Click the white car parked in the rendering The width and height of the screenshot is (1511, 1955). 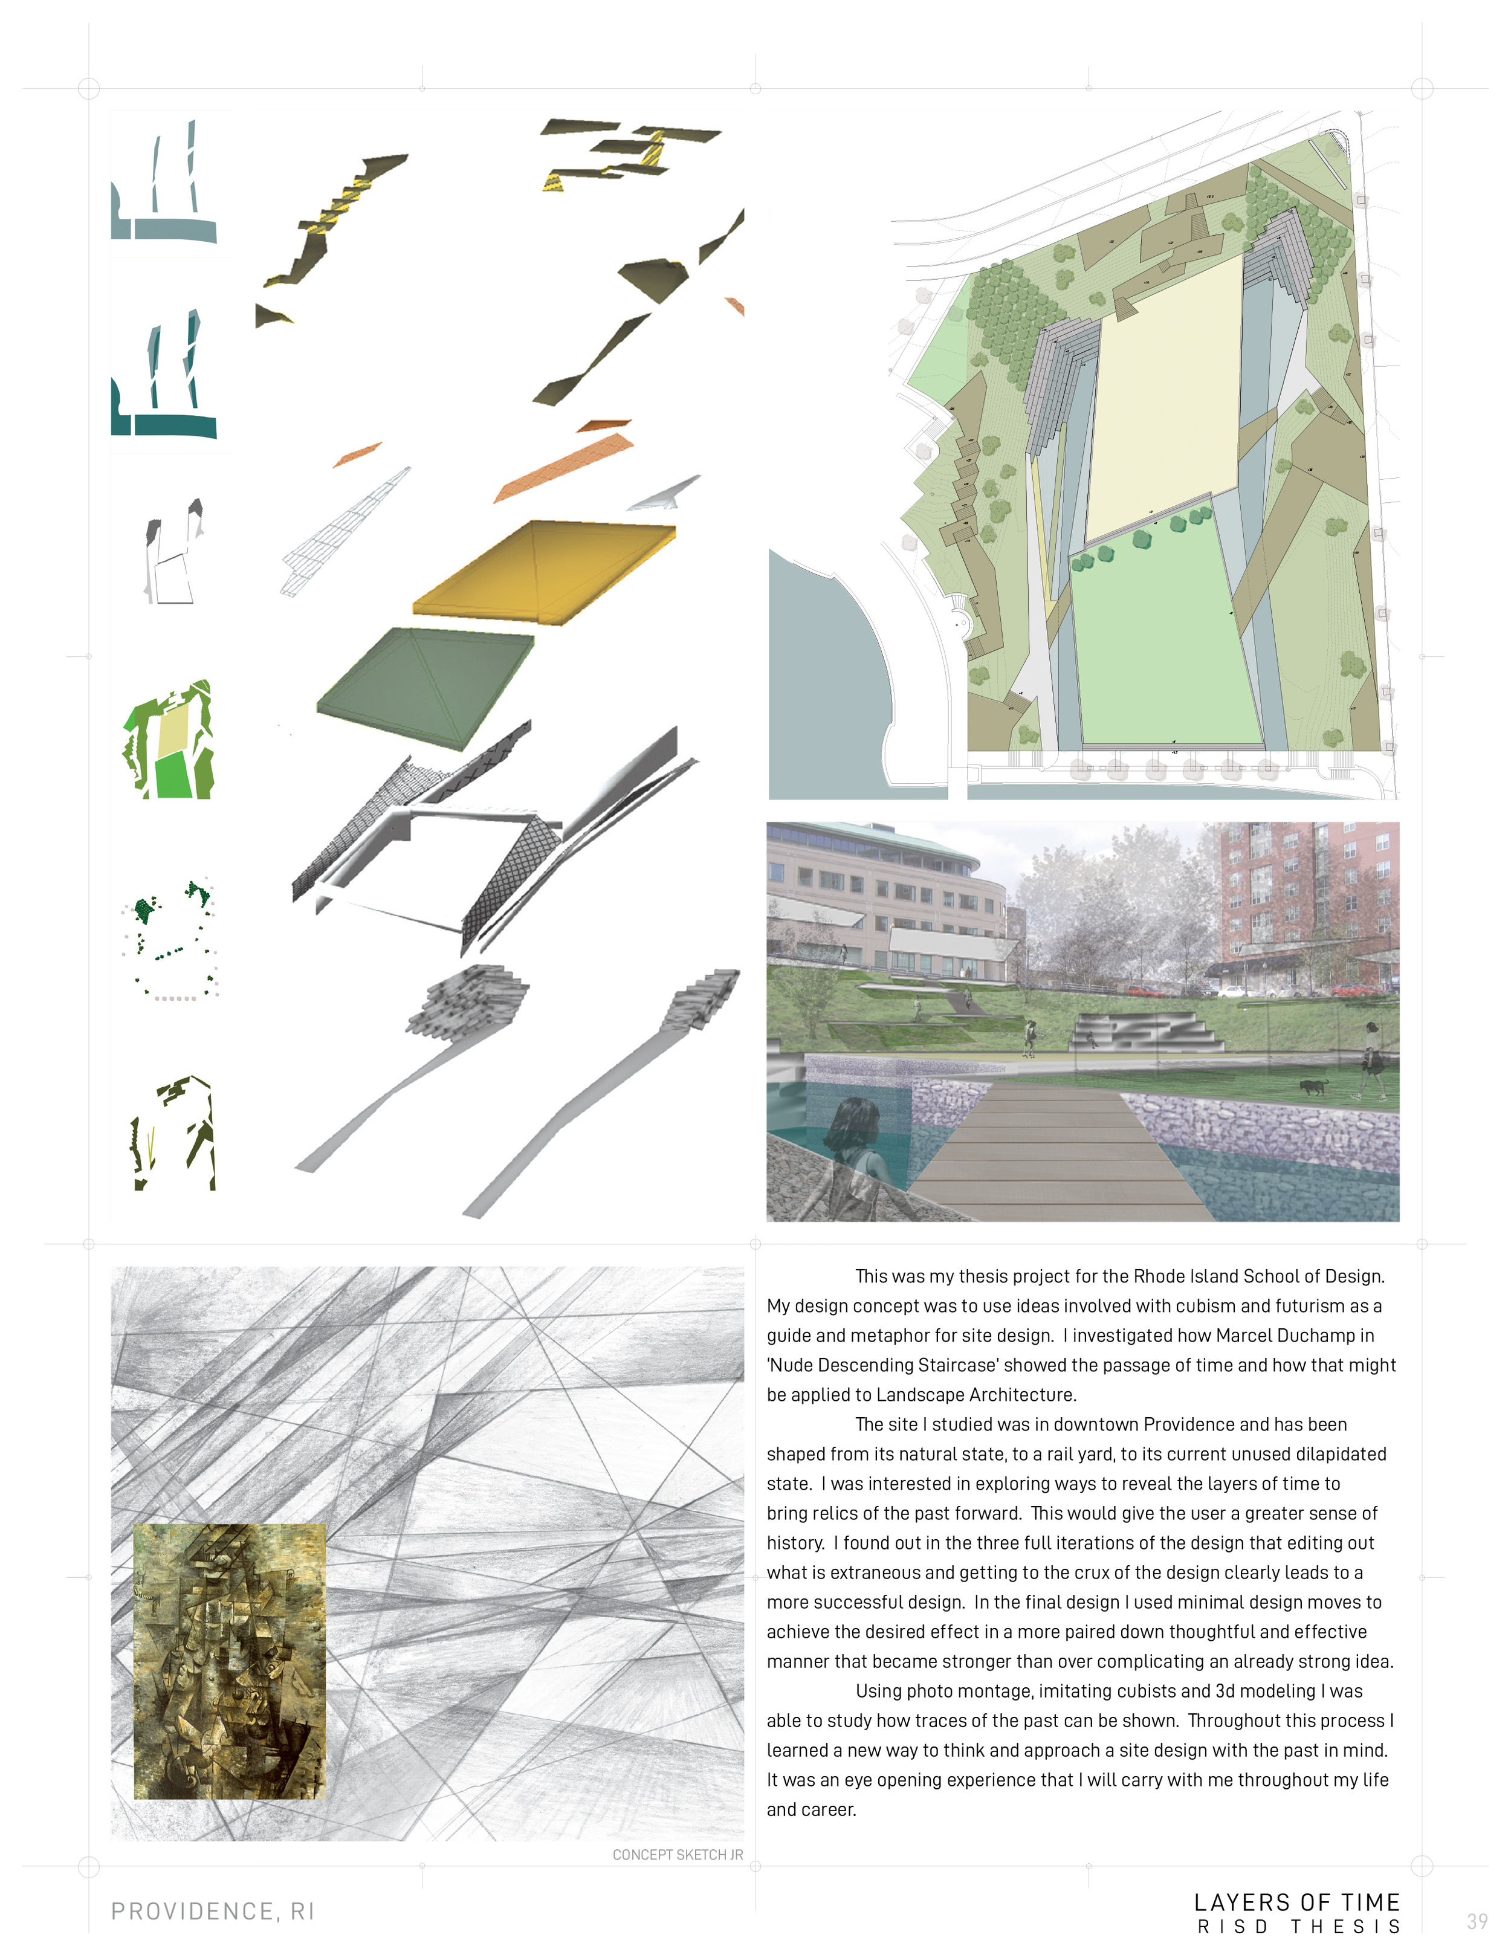point(1234,992)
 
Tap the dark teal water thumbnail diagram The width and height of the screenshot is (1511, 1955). point(166,376)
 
